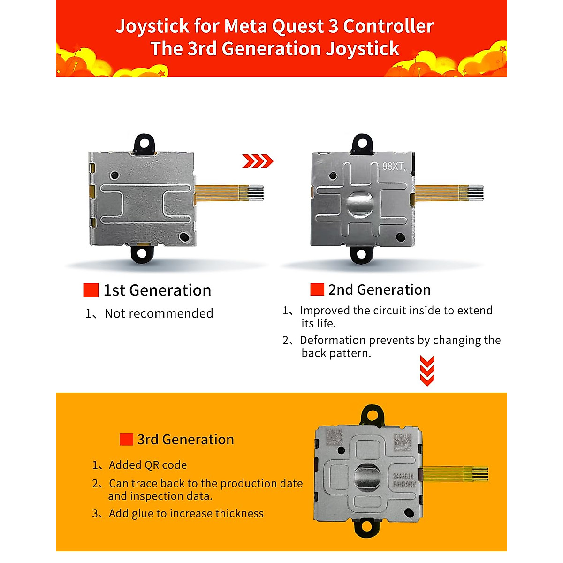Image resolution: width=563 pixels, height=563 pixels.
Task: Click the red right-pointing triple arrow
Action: tap(258, 161)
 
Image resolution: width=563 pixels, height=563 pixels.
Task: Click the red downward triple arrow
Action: tap(427, 371)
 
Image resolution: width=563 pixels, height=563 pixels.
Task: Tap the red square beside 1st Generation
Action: tap(91, 290)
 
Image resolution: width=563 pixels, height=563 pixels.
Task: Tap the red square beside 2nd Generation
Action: tap(317, 289)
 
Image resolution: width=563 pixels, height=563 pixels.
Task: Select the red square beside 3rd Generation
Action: tap(126, 439)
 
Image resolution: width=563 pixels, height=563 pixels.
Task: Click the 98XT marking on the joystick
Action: tap(395, 166)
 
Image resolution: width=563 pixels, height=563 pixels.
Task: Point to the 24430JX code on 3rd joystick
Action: tap(403, 476)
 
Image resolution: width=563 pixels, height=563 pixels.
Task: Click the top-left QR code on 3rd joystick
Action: tap(334, 437)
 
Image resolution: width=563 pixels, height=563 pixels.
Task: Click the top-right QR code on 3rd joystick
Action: tap(403, 442)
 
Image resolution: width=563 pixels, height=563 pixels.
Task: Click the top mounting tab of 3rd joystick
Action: tap(372, 415)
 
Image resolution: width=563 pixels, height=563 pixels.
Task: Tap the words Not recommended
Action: tap(159, 313)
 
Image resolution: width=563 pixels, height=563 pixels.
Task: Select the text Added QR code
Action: tap(148, 465)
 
